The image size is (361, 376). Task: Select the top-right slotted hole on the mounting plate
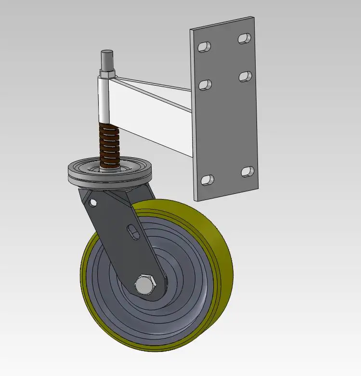[245, 38]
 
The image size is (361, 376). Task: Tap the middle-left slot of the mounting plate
[206, 85]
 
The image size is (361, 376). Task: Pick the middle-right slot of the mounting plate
[245, 76]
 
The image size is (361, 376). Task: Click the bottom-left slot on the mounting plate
[207, 180]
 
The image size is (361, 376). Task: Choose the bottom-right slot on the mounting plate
[248, 171]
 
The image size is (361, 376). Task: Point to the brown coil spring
[108, 144]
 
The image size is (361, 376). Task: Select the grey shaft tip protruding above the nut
[106, 60]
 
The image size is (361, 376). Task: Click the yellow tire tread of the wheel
[219, 269]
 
